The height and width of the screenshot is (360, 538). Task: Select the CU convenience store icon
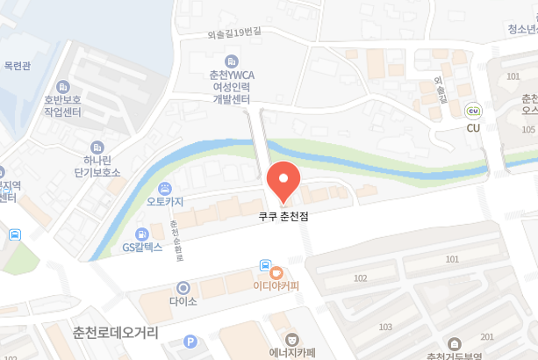click(474, 112)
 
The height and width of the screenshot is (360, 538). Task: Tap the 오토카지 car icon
click(165, 188)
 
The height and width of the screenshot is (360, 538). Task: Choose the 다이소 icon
click(183, 287)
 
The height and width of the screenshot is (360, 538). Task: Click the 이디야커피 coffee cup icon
click(276, 272)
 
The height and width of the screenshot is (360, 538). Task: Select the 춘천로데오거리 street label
click(116, 333)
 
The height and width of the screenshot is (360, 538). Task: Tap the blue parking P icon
click(190, 342)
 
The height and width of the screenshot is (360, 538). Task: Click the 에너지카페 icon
click(291, 338)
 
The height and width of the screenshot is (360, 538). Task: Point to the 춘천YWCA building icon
click(232, 61)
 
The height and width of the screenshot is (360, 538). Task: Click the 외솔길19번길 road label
click(234, 32)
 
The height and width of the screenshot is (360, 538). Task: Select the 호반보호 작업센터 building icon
click(62, 87)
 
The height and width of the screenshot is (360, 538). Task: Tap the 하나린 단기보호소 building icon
click(97, 147)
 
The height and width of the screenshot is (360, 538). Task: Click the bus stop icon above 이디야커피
click(265, 264)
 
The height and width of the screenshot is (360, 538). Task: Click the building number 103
click(385, 327)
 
